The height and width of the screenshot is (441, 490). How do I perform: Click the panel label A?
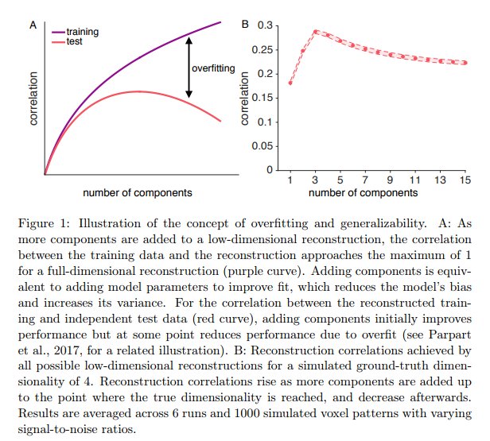tap(33, 25)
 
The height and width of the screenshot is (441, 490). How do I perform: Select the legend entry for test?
tap(76, 41)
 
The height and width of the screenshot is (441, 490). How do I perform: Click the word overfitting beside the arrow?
tap(213, 69)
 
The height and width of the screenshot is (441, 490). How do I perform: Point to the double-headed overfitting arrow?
tap(189, 67)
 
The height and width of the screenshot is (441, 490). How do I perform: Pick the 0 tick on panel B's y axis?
tap(269, 170)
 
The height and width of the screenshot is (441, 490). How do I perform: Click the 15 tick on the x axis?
tap(463, 180)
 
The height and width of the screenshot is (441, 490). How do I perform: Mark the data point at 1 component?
tap(291, 83)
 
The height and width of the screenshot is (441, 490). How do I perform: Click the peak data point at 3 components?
tap(316, 33)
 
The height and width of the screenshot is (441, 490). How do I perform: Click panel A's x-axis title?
tap(136, 193)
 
